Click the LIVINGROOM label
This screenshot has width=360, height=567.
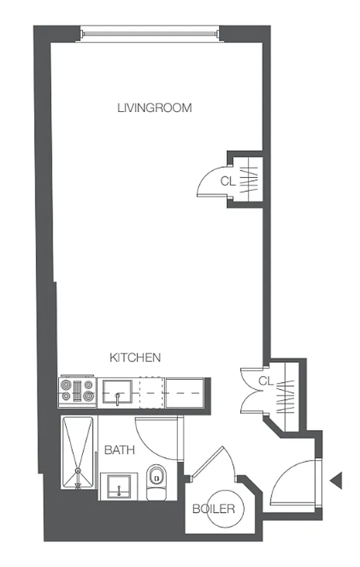point(154,108)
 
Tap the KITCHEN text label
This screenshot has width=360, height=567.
point(135,358)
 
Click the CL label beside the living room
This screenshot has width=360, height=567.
point(227,181)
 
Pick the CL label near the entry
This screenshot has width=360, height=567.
point(265,381)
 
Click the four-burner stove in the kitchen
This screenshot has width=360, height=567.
point(77,392)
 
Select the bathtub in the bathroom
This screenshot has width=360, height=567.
point(77,453)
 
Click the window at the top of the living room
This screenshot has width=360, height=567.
point(148,32)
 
